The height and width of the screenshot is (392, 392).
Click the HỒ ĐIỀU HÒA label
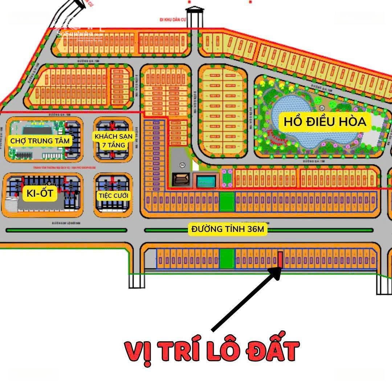coord(325,122)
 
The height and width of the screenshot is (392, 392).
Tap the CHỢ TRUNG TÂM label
coord(40,141)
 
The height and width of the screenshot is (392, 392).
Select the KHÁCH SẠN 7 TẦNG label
coord(111,141)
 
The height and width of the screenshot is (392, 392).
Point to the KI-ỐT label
coord(40,193)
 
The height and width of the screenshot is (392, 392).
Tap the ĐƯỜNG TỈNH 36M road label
coord(228,229)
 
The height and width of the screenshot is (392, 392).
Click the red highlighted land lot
coord(280,259)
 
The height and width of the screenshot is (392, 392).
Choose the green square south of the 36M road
coord(227,259)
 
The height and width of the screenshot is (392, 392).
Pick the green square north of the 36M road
coord(227,202)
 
